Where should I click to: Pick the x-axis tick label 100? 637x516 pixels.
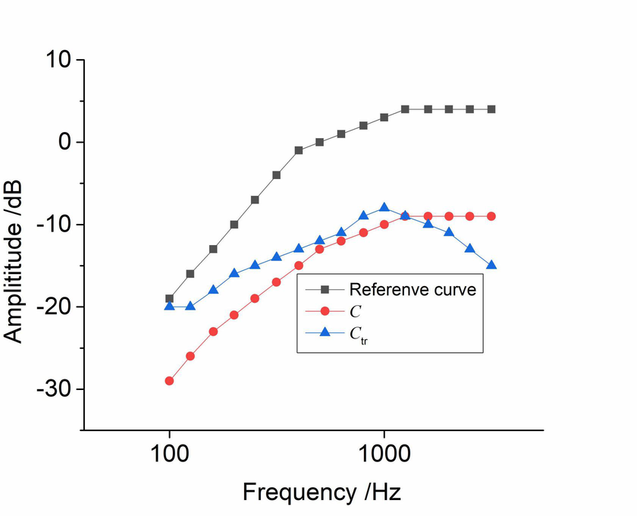169,455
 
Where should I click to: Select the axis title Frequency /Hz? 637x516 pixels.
322,492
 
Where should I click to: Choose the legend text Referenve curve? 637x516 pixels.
412,289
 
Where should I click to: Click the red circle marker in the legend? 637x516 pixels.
325,310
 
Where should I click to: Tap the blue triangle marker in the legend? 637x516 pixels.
325,332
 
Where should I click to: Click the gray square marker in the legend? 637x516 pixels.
325,289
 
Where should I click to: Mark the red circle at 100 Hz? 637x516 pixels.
169,381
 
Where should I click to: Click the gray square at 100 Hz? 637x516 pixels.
169,298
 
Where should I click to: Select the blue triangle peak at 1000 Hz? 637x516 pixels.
384,207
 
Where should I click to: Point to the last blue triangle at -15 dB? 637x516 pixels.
491,265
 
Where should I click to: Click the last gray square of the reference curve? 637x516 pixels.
491,109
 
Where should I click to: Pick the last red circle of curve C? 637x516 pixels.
491,216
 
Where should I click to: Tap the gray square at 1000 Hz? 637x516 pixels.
384,118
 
